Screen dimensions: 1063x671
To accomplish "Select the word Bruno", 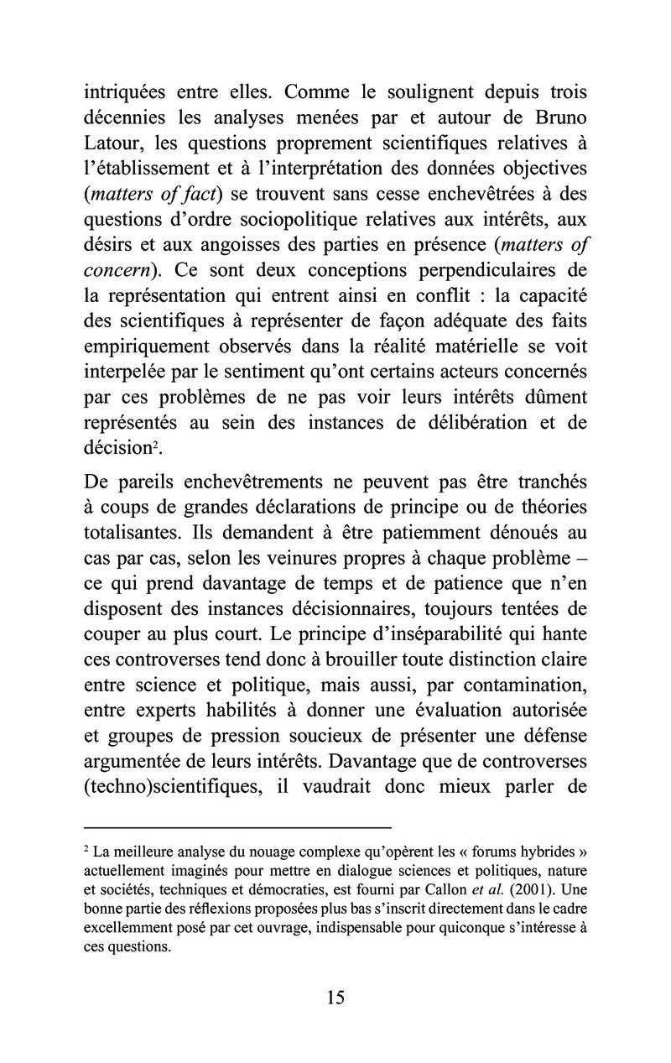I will click(553, 119).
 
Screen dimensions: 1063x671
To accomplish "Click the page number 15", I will click(335, 998).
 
